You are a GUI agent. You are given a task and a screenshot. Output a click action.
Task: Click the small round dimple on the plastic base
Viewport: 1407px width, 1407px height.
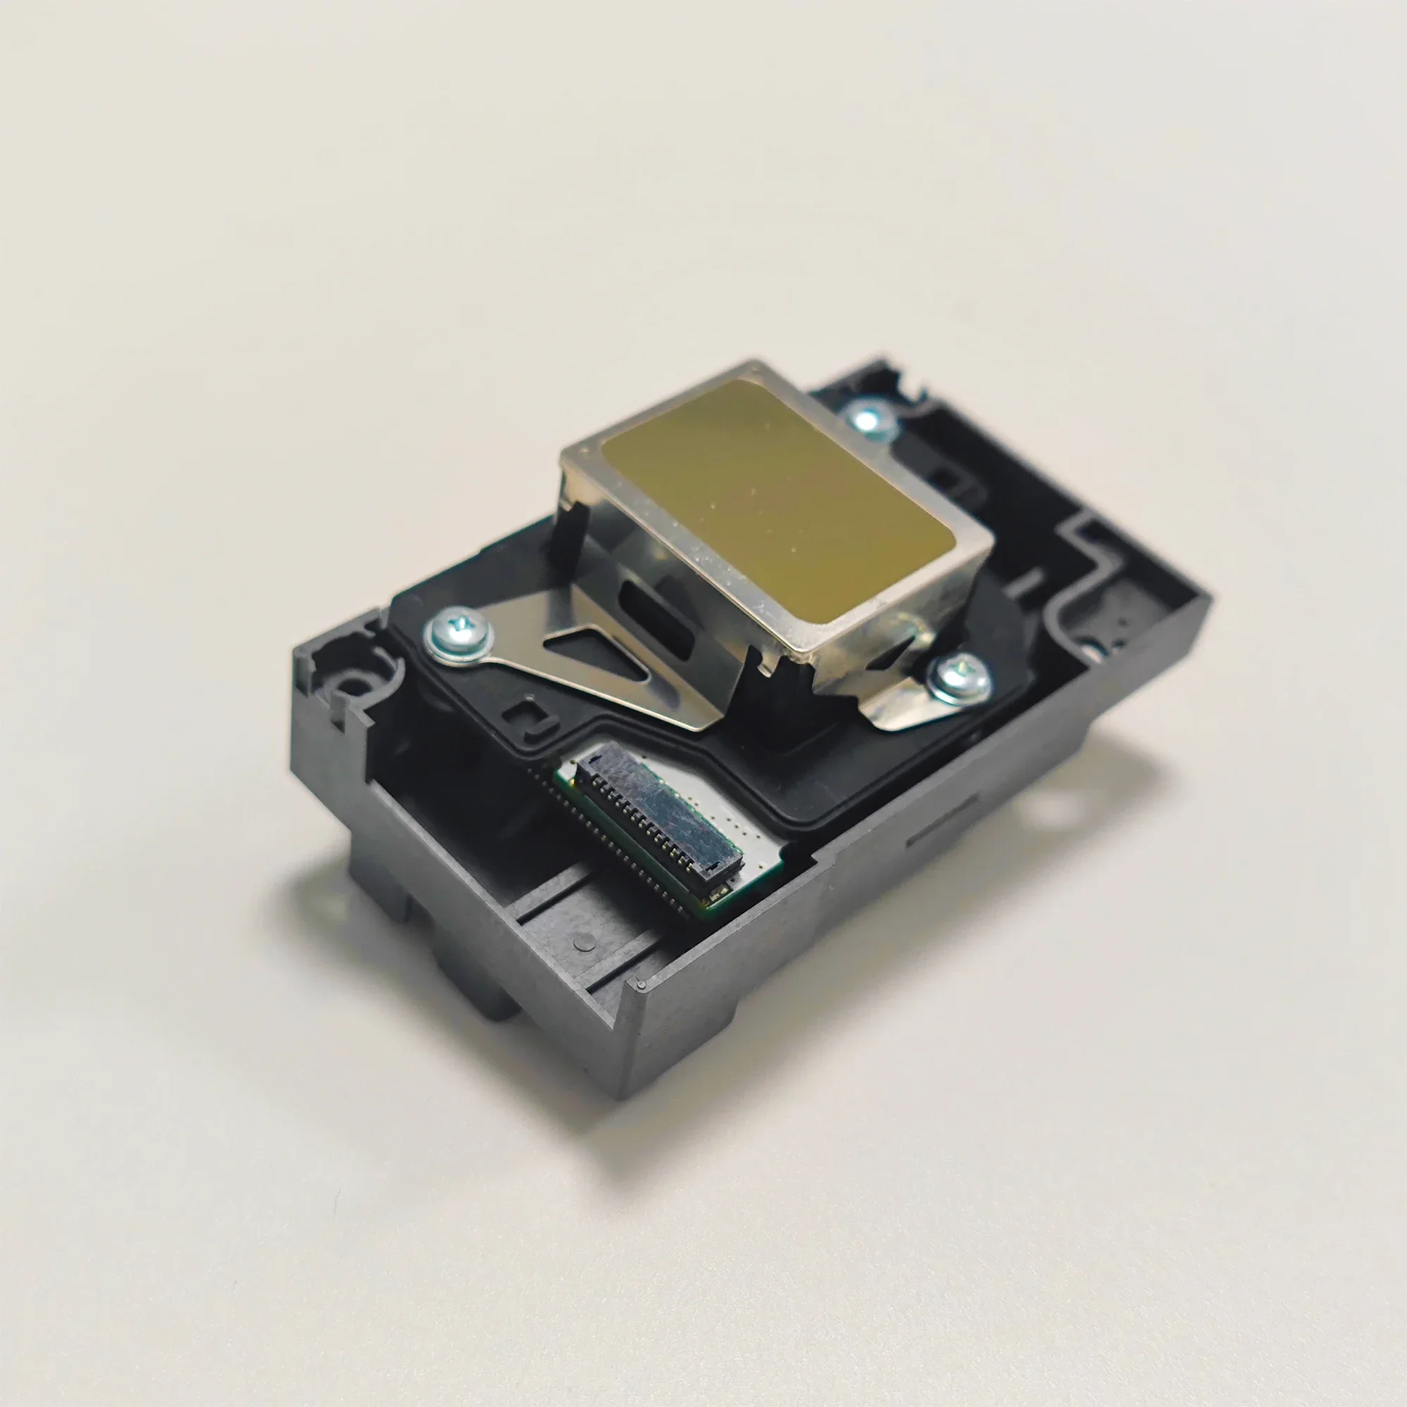pos(580,943)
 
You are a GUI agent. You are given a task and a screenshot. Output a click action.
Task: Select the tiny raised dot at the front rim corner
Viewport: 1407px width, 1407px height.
pos(640,985)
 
